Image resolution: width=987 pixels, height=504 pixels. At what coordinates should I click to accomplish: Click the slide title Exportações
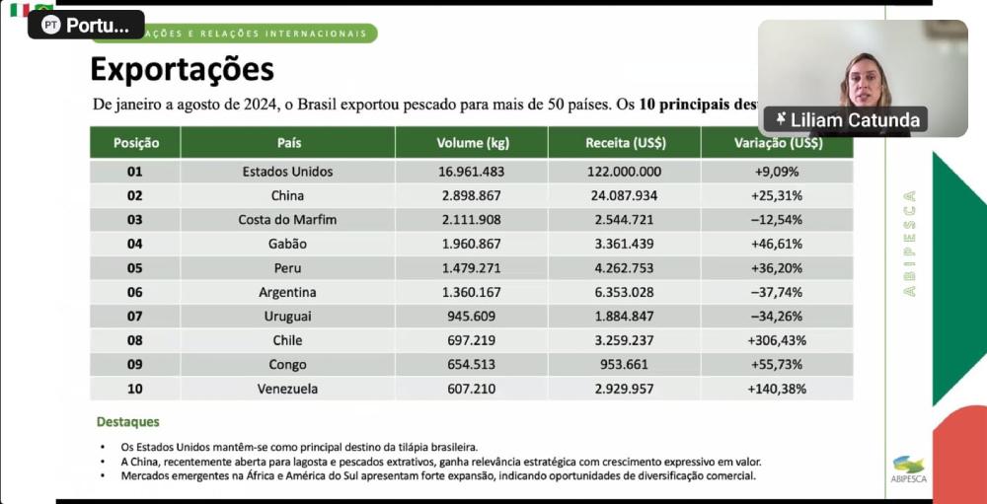(x=183, y=70)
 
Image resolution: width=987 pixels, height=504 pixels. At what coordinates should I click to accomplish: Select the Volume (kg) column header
(x=473, y=143)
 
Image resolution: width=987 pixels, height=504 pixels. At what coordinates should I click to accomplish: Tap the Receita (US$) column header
(x=625, y=143)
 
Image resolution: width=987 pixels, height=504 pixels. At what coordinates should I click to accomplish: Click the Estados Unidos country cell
(x=287, y=172)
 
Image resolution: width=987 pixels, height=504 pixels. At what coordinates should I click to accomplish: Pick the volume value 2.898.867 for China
(x=472, y=195)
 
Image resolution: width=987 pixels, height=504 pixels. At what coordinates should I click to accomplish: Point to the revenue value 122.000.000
(x=624, y=172)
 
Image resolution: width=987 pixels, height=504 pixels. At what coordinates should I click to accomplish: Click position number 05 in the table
(x=135, y=268)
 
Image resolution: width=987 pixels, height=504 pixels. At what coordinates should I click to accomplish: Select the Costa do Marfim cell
(x=287, y=220)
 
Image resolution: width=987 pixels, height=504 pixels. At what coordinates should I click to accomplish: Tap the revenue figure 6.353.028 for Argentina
(x=624, y=292)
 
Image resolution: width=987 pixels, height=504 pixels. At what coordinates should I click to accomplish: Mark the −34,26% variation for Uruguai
(x=777, y=317)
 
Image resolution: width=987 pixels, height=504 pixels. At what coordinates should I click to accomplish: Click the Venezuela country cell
(x=287, y=389)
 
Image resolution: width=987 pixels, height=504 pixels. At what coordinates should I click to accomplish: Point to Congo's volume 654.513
(x=472, y=365)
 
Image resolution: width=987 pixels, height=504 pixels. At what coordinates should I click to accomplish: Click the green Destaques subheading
(x=127, y=422)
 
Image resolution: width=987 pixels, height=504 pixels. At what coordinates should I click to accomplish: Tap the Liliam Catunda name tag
(x=848, y=120)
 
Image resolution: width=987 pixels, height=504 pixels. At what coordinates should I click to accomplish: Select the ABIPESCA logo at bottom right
(x=909, y=469)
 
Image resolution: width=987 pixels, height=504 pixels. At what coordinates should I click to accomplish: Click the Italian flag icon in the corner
(x=20, y=10)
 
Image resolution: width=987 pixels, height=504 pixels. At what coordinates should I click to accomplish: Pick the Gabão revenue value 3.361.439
(x=624, y=244)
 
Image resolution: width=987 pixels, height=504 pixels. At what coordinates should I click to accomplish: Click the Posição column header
(x=135, y=143)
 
